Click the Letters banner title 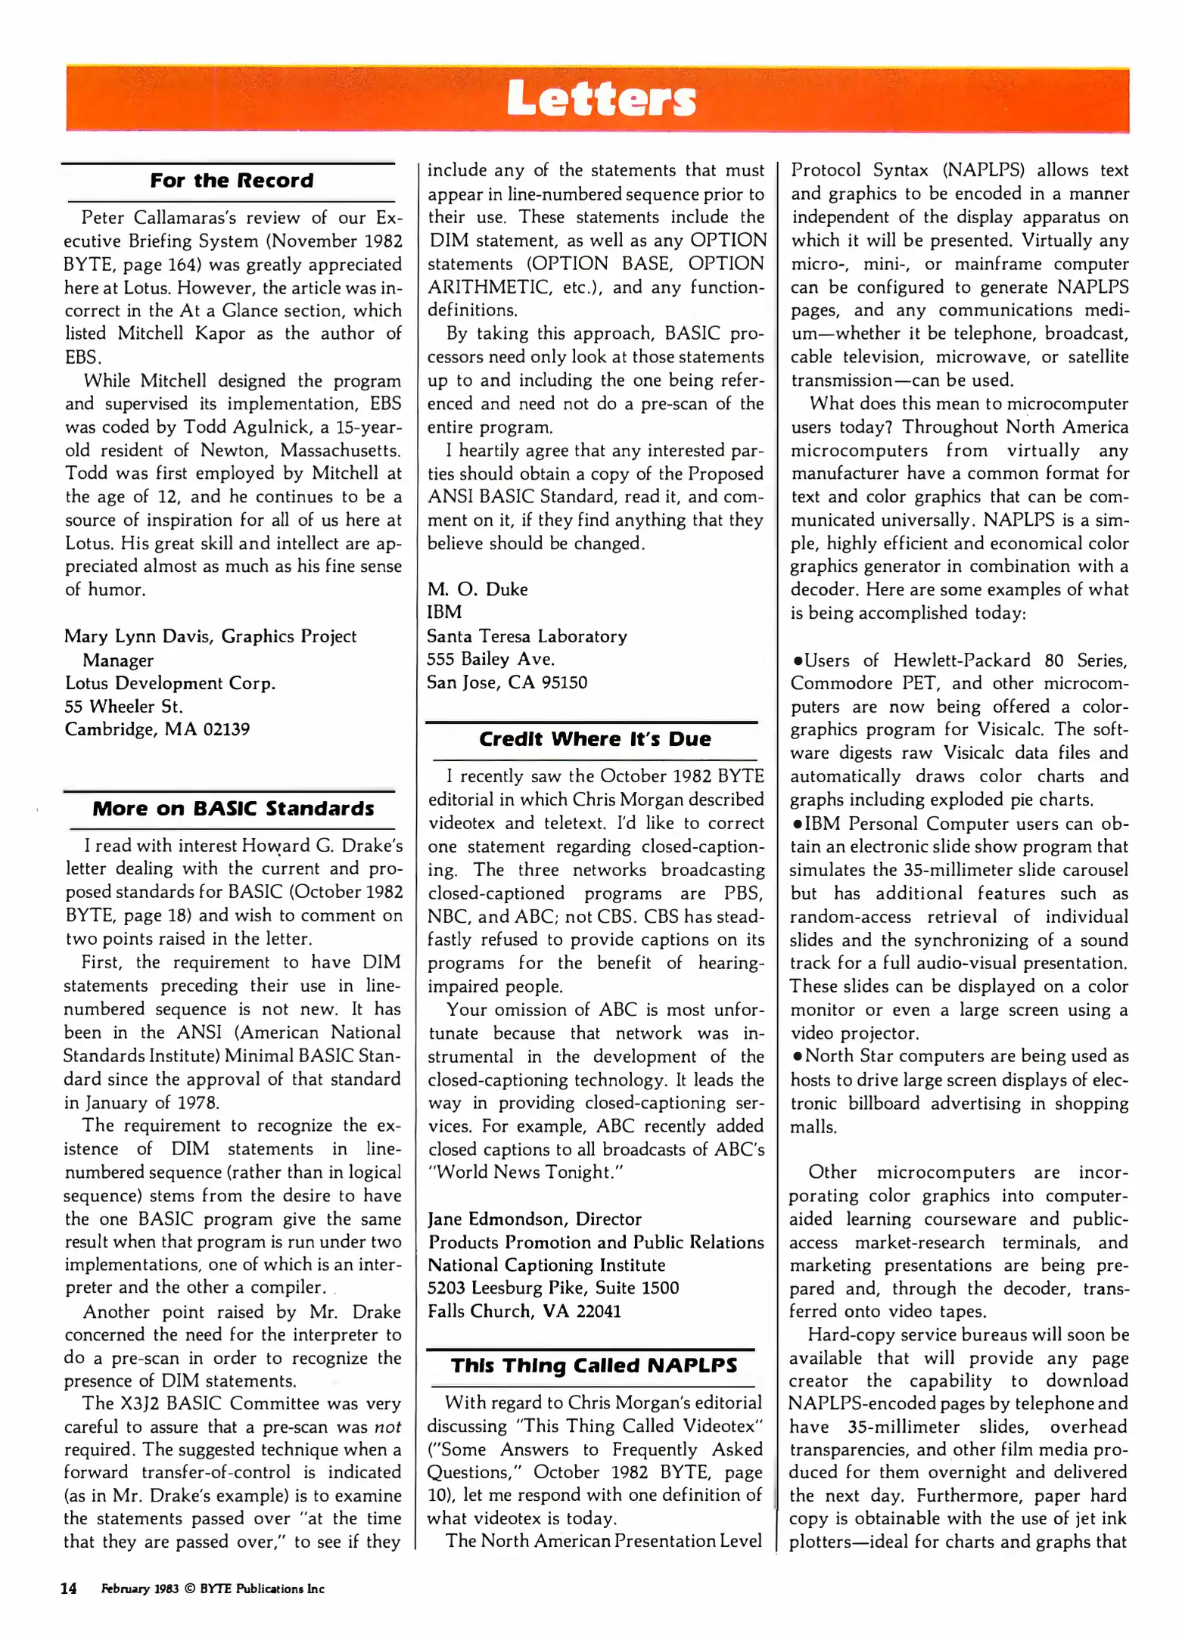(601, 100)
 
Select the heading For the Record (232, 181)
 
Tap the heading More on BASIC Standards (233, 809)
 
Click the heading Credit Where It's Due (595, 739)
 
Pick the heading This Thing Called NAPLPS (594, 1365)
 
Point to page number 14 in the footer (69, 1589)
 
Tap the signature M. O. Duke (477, 589)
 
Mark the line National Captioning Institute (546, 1265)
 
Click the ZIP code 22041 (599, 1311)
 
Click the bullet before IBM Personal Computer (797, 824)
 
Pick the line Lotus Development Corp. (170, 683)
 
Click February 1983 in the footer (140, 1589)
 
